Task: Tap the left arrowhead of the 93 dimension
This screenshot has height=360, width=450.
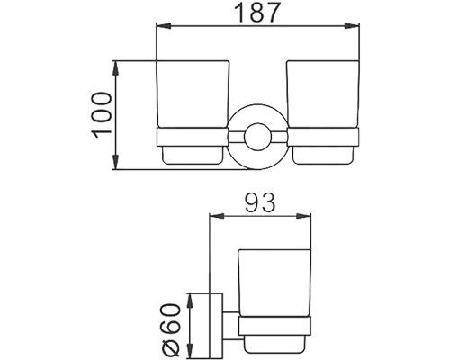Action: coord(213,217)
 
